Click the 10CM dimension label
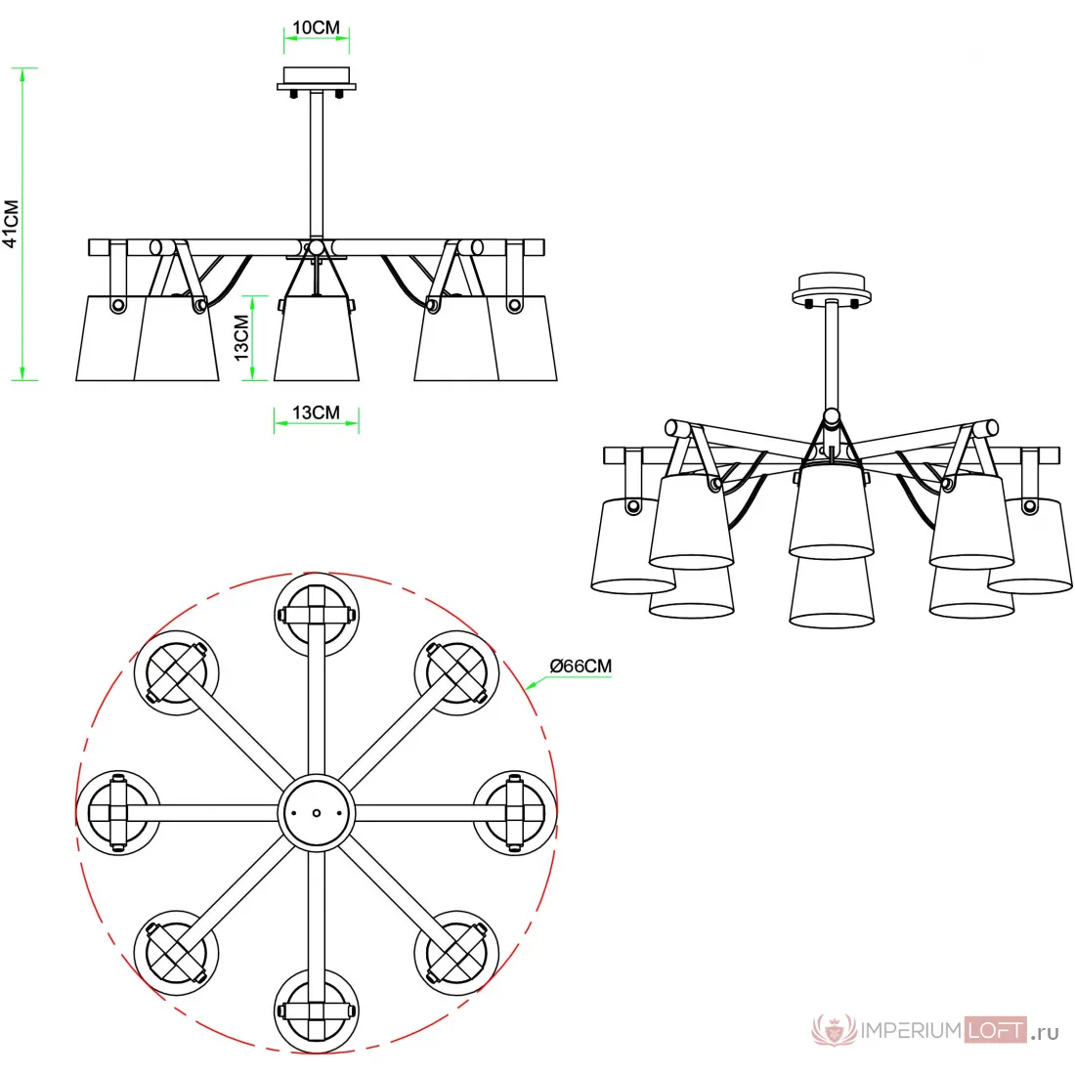pyautogui.click(x=316, y=27)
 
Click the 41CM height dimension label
pyautogui.click(x=11, y=224)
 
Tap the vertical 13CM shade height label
pyautogui.click(x=241, y=337)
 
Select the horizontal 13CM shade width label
pyautogui.click(x=316, y=412)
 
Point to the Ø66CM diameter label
pyautogui.click(x=580, y=666)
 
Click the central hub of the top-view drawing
pyautogui.click(x=316, y=813)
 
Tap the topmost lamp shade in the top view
pyautogui.click(x=316, y=615)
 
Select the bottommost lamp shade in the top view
pyautogui.click(x=316, y=1011)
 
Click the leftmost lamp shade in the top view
pyautogui.click(x=118, y=813)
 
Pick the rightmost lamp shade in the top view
pyautogui.click(x=515, y=813)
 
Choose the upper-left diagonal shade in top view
pyautogui.click(x=176, y=673)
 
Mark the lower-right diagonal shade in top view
pyautogui.click(x=456, y=953)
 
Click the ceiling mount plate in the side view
pyautogui.click(x=316, y=78)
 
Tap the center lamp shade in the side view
pyautogui.click(x=316, y=338)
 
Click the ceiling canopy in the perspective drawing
pyautogui.click(x=831, y=288)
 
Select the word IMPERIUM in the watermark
pyautogui.click(x=911, y=1030)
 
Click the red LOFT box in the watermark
pyautogui.click(x=996, y=1030)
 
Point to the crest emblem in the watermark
pyautogui.click(x=834, y=1029)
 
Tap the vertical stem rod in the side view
pyautogui.click(x=316, y=165)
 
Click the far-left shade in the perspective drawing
pyautogui.click(x=630, y=546)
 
